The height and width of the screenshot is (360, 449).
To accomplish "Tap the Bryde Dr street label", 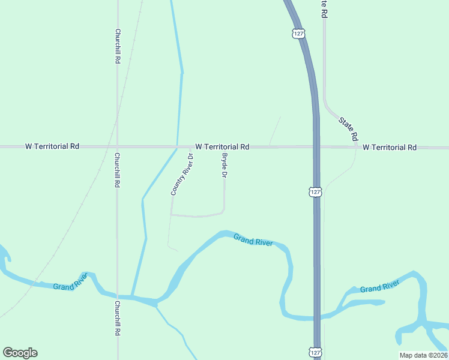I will pyautogui.click(x=224, y=166).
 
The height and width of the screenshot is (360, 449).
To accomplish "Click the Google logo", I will pyautogui.click(x=20, y=353).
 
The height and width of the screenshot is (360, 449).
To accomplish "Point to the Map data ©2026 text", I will pyautogui.click(x=423, y=355).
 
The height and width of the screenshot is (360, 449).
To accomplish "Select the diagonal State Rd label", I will pyautogui.click(x=348, y=128).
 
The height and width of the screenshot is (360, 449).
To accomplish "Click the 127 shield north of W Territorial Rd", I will pyautogui.click(x=298, y=32).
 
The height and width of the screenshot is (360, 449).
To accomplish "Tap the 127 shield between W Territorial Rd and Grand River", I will pyautogui.click(x=316, y=192).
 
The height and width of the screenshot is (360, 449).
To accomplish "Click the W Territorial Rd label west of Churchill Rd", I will pyautogui.click(x=52, y=146).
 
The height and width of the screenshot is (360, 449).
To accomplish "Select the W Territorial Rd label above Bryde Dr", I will pyautogui.click(x=222, y=146).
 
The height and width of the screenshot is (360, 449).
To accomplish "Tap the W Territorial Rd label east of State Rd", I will pyautogui.click(x=390, y=147).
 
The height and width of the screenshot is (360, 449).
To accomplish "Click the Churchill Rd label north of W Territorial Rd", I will pyautogui.click(x=118, y=47).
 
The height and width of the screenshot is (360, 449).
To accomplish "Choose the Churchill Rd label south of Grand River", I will pyautogui.click(x=118, y=318).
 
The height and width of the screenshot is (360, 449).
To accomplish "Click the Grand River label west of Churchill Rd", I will pyautogui.click(x=71, y=282).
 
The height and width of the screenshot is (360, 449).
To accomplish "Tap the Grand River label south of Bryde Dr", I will pyautogui.click(x=253, y=240).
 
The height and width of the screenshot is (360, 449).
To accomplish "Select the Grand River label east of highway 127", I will pyautogui.click(x=380, y=286).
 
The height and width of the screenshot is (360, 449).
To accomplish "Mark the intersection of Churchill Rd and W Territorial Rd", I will pyautogui.click(x=118, y=146).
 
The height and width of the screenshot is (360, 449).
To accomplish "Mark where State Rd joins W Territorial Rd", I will pyautogui.click(x=356, y=147).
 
